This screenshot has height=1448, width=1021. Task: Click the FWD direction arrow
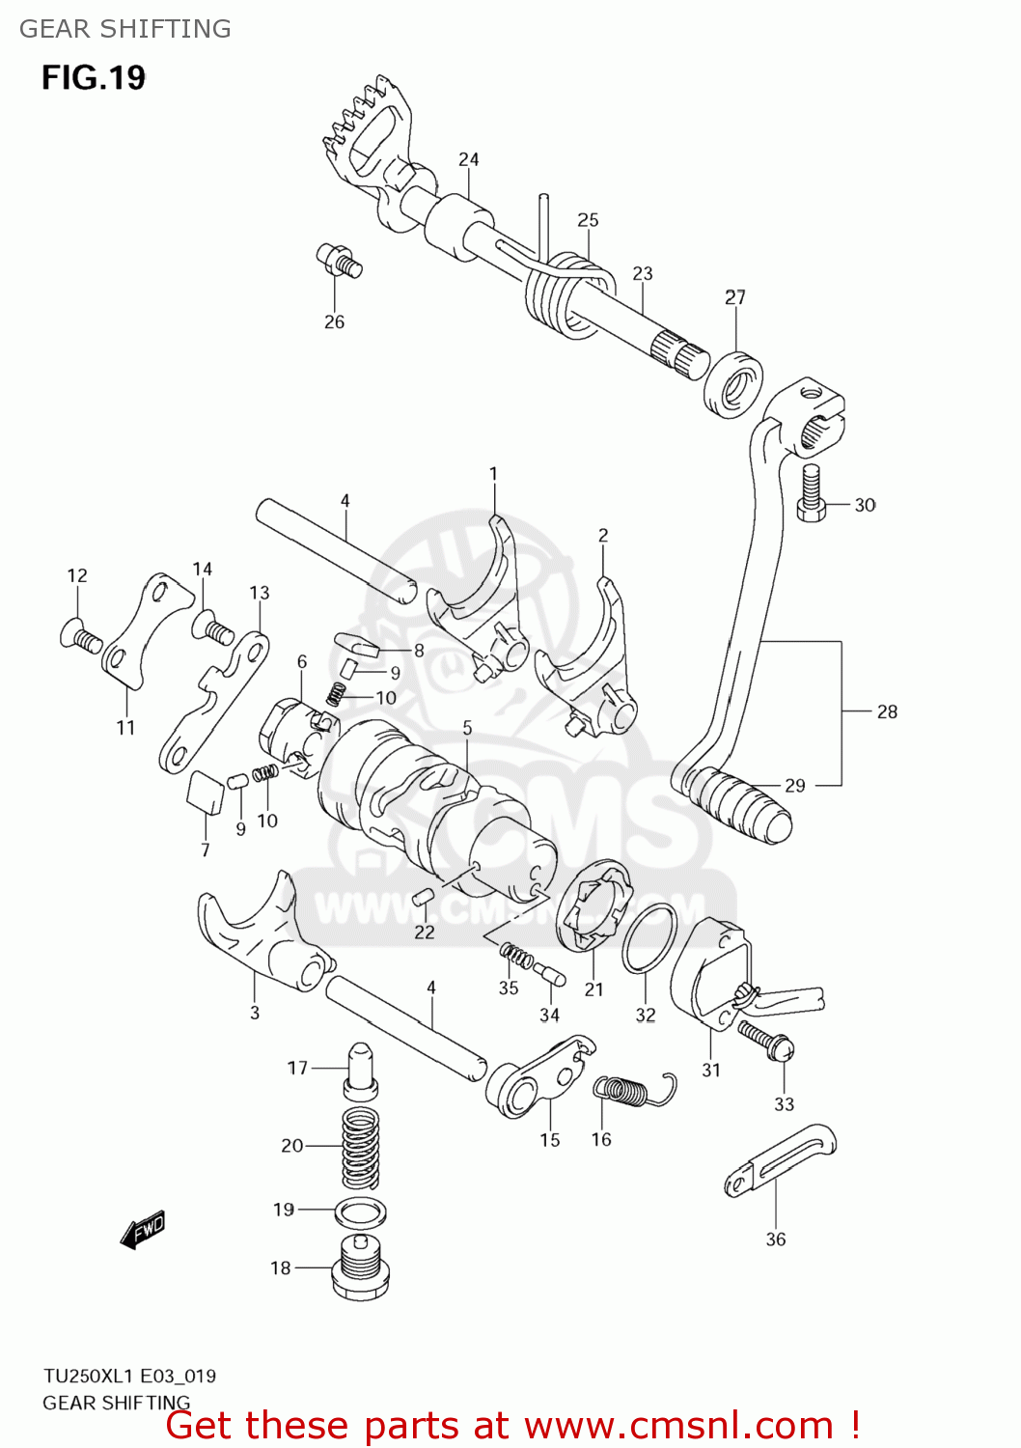pos(143,1230)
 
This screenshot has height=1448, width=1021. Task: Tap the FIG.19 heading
pos(94,77)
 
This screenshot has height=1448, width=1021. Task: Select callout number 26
pos(334,322)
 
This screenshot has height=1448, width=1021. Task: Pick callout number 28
pos(887,712)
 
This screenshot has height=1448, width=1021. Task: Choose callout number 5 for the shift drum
pos(467,728)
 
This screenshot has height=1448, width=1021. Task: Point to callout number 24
pos(469,160)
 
